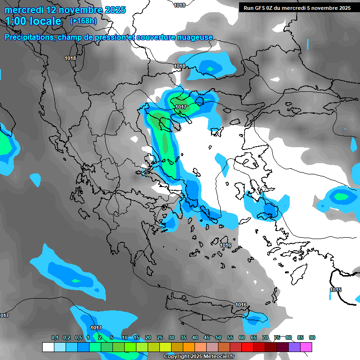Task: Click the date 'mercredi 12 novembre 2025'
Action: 65,10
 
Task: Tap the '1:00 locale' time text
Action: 33,21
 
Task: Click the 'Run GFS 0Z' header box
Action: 297,7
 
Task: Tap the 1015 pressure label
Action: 336,290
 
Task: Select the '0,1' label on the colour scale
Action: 55,337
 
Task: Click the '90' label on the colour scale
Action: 312,337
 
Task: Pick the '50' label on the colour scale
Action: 218,337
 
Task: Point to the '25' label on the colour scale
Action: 160,337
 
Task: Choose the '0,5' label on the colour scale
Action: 78,337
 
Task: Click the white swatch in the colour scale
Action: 48,347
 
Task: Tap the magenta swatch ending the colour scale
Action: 306,347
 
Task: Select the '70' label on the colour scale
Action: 265,337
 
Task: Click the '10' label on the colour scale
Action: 125,337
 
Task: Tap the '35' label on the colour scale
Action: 183,337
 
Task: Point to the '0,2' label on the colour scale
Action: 67,337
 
